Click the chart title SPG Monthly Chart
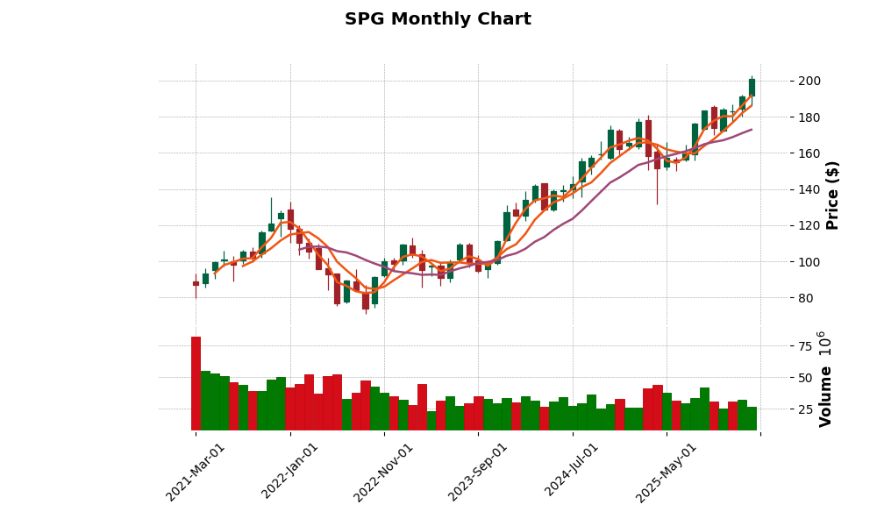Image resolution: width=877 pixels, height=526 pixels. point(438,19)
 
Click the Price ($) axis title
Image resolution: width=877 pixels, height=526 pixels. point(832,195)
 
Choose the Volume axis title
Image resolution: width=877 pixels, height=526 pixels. point(825,379)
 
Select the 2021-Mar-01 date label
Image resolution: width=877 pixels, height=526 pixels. point(196,472)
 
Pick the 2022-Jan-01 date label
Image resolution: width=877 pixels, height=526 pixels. point(290,472)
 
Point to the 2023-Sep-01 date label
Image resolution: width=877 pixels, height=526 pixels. point(478,472)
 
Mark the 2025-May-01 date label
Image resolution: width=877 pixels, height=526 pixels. point(667,472)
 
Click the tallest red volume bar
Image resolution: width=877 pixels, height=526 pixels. point(196,384)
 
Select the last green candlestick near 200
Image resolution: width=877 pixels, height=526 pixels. point(752,87)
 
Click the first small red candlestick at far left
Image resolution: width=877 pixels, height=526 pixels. point(196,283)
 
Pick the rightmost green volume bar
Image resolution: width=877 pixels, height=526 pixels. point(752,419)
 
